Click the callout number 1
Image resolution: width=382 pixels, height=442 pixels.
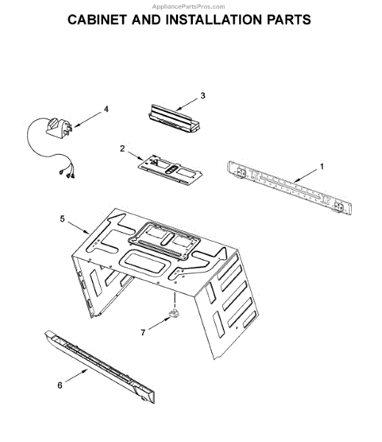pos(322,168)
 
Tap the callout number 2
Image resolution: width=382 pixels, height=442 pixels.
pos(122,148)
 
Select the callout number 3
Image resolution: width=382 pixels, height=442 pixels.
pos(202,96)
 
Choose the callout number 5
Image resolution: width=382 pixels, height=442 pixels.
pos(62,219)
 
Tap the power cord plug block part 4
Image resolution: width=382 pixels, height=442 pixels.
pos(58,130)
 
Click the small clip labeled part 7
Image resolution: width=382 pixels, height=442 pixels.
pos(174,316)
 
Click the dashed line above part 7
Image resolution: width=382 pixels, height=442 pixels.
pos(174,298)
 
